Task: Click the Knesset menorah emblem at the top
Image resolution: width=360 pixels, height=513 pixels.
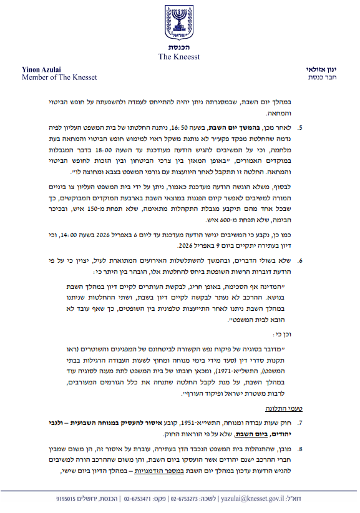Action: (x=180, y=23)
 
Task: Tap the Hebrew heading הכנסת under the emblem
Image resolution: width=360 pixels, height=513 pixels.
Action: (x=180, y=48)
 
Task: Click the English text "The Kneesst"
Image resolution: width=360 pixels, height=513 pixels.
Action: (x=180, y=57)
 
